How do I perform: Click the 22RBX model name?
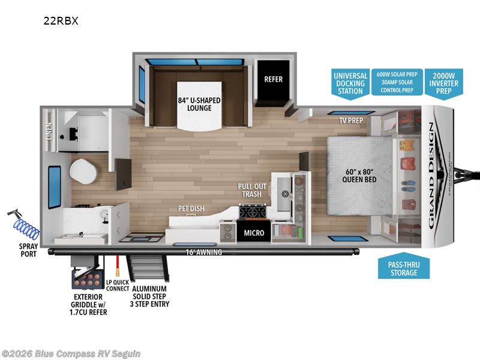click(x=61, y=20)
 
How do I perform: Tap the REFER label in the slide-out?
click(x=273, y=79)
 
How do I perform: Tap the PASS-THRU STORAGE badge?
click(x=404, y=268)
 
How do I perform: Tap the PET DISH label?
click(x=191, y=209)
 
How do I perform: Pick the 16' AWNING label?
click(x=203, y=252)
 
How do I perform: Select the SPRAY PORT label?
click(x=25, y=250)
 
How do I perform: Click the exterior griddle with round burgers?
click(x=88, y=278)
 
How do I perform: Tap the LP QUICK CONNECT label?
click(x=117, y=284)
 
